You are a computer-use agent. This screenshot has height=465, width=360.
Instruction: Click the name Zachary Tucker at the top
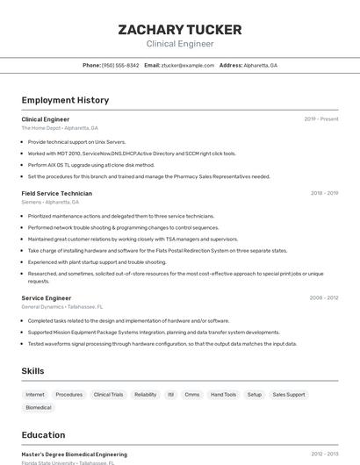coord(180,31)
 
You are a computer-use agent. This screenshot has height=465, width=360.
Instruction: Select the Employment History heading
coord(65,100)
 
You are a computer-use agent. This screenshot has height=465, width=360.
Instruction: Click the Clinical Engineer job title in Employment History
coord(46,119)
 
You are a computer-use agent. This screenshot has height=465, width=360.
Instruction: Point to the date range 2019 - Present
coord(321,119)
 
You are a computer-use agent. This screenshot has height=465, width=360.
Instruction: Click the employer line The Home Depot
coord(60,128)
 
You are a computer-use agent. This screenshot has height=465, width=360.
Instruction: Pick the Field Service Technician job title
coord(56,193)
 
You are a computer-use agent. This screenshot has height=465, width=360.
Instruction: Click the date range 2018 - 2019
coord(324,193)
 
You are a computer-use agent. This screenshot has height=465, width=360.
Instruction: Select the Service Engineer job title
coord(47,298)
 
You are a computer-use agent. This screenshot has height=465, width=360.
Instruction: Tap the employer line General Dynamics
coord(62,307)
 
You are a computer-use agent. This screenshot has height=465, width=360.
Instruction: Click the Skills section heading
coord(32,371)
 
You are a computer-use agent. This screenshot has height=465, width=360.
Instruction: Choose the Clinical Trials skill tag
coord(108,395)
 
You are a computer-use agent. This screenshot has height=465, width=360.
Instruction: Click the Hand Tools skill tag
coord(224,395)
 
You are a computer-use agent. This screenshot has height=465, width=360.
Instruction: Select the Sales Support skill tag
coord(289,395)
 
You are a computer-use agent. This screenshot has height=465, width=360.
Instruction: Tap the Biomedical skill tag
coord(39,408)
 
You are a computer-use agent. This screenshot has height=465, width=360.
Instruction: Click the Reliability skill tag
coord(146,395)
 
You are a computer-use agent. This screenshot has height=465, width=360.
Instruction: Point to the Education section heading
coord(43,435)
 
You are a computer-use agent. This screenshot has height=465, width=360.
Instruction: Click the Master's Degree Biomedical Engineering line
coord(74,454)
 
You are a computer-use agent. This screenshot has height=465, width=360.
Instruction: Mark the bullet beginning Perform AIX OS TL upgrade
coord(90,165)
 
